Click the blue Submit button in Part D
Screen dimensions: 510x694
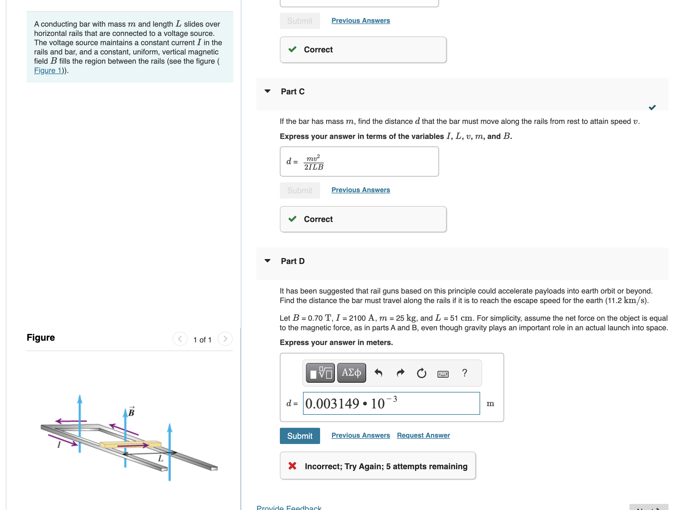(300, 436)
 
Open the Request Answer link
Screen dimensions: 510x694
(423, 435)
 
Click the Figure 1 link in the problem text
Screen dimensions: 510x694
(48, 70)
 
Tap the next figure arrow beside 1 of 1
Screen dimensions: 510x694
(225, 339)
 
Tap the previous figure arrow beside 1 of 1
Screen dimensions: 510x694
(180, 339)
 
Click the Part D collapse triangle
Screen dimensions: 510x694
(268, 261)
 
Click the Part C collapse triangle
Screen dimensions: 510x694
(268, 91)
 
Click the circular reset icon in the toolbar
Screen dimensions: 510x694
(421, 373)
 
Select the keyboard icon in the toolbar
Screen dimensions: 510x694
(443, 374)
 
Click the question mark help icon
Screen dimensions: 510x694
(464, 373)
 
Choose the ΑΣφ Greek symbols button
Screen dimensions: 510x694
(351, 373)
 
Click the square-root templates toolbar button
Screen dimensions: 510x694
(320, 373)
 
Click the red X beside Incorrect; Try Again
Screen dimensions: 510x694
(292, 466)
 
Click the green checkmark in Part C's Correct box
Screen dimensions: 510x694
(292, 219)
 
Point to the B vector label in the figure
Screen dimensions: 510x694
(131, 412)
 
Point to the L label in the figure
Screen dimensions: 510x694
(161, 458)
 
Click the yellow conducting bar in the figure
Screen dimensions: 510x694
(130, 444)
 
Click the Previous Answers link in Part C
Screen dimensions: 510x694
(360, 190)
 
